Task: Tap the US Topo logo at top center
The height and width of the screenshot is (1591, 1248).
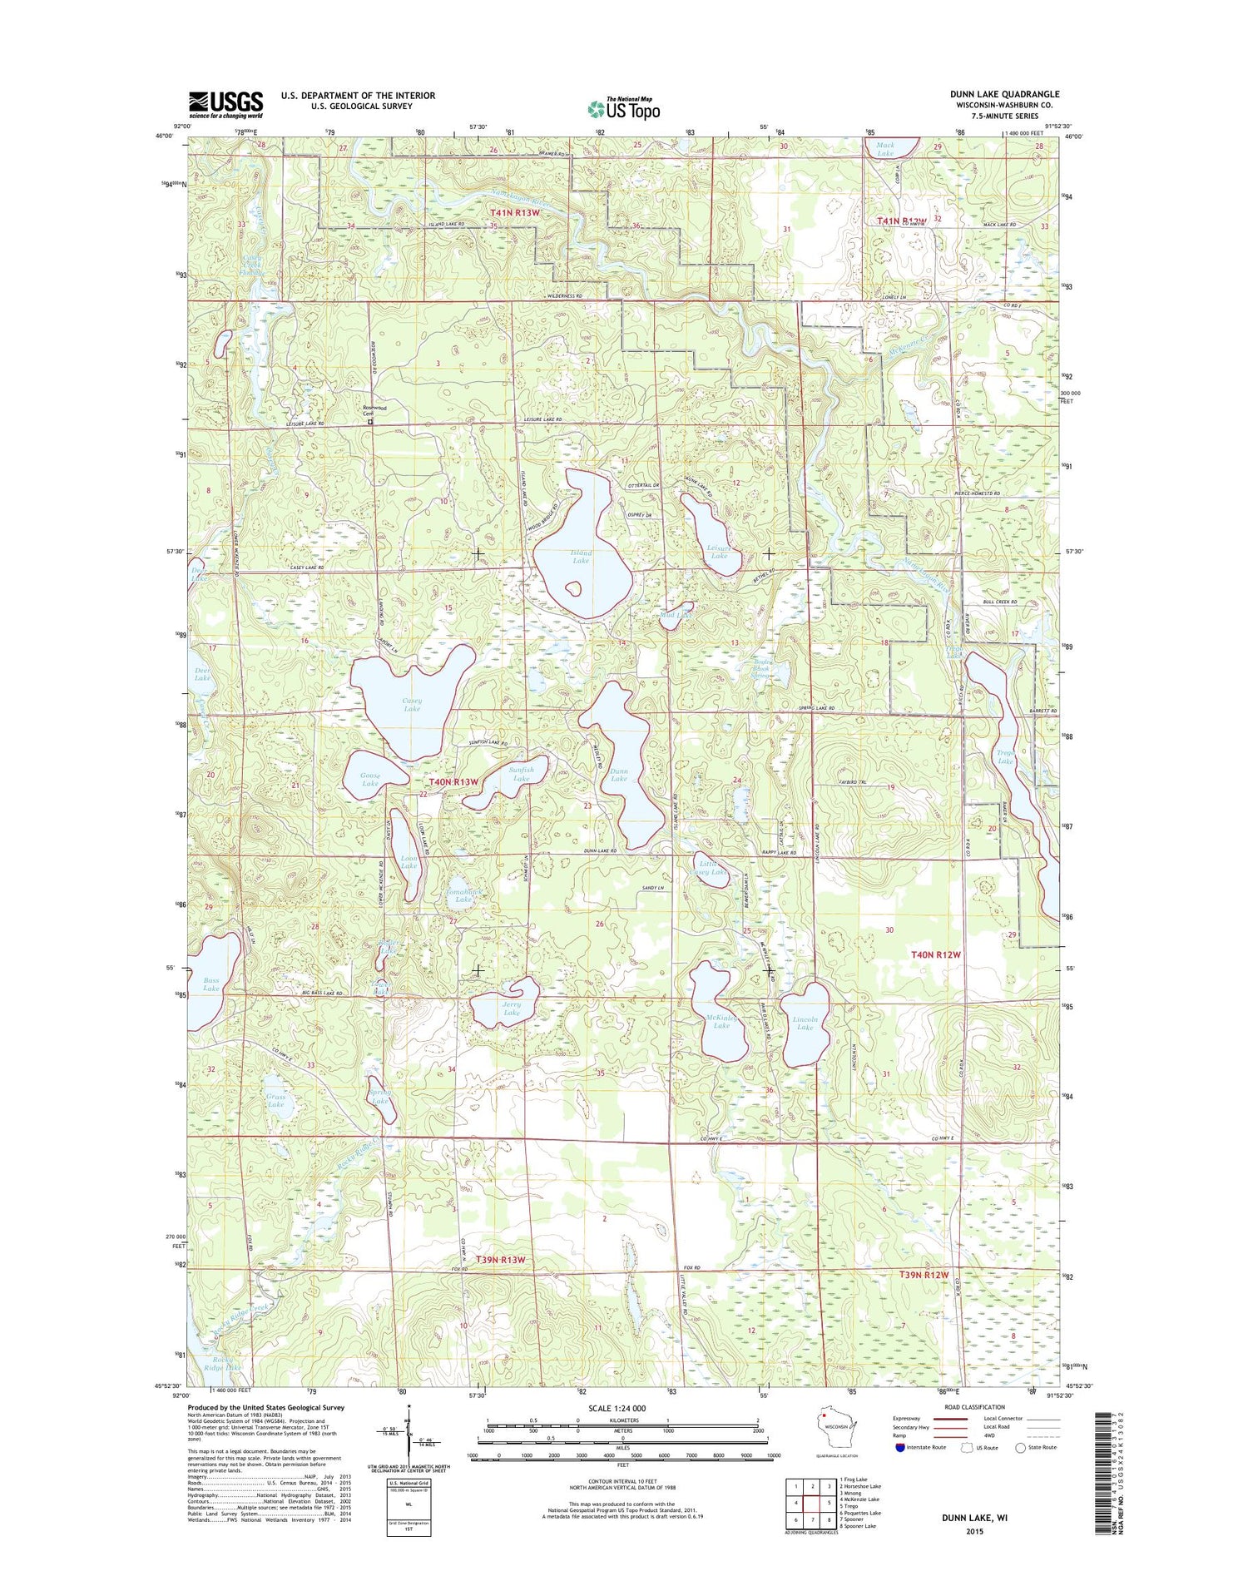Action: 623,107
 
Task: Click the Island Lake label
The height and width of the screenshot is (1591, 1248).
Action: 581,557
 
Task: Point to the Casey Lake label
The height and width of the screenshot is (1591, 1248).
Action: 412,705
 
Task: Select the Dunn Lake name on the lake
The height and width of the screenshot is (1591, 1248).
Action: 618,775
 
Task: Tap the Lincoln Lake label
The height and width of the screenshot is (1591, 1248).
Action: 805,1023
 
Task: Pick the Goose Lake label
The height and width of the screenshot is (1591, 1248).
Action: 370,780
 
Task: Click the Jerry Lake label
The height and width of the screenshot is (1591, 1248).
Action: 511,1009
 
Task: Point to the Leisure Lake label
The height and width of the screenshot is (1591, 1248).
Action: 718,552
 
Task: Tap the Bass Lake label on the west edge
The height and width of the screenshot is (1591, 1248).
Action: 211,984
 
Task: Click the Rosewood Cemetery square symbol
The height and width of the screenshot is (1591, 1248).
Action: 371,422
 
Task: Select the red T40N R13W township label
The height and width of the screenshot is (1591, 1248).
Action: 454,782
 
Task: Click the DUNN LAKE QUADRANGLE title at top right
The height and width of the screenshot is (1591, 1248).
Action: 1004,94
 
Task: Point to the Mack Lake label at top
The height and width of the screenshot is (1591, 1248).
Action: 885,149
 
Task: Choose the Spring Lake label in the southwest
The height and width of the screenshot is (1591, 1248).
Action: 380,1097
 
